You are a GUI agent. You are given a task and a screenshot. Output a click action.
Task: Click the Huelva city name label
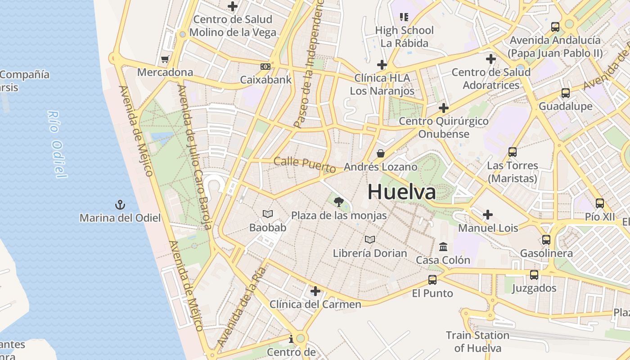(401, 192)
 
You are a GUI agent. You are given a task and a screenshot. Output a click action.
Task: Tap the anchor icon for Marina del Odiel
(120, 205)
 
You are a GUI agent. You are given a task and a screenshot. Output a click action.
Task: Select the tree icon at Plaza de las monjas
(339, 202)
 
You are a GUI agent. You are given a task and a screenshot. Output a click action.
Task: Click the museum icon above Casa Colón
(443, 247)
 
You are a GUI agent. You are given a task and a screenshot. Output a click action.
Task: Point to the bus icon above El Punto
(432, 280)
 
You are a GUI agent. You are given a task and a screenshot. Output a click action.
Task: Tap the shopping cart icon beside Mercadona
(165, 59)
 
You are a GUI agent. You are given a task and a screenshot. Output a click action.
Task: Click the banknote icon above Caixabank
(265, 67)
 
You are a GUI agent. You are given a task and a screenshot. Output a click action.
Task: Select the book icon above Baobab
(268, 214)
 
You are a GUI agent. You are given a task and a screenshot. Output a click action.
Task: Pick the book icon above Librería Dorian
(370, 240)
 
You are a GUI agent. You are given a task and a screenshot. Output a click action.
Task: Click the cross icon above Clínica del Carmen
(315, 291)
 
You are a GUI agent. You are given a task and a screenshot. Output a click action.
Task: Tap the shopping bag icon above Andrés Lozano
(381, 154)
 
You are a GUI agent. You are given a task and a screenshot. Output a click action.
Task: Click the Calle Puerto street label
(305, 165)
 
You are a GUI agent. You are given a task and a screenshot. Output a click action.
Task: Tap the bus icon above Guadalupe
(566, 93)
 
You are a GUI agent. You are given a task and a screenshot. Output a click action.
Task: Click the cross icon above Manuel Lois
(487, 215)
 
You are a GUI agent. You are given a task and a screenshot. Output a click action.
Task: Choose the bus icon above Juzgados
(534, 275)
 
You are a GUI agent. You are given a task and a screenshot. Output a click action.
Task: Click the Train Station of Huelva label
(477, 342)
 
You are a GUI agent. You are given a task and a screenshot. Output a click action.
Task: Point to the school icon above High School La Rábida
(404, 17)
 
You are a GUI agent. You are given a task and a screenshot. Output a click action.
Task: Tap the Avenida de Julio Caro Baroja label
(194, 157)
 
